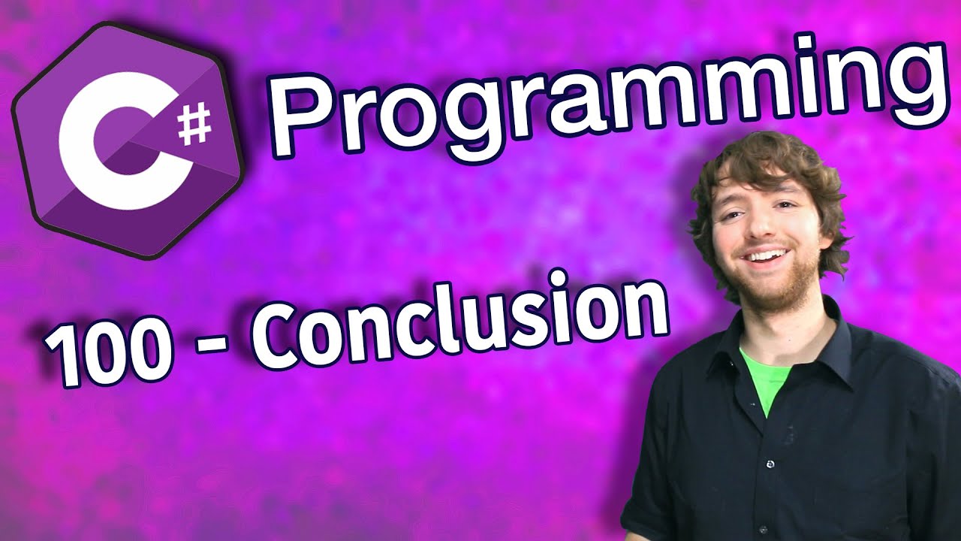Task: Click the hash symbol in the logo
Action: [x=194, y=125]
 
